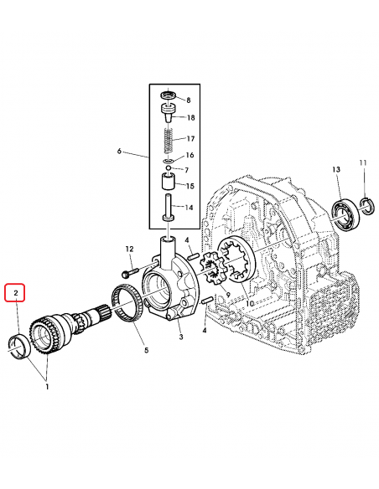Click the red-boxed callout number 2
coord(14,294)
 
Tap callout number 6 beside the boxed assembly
coord(120,152)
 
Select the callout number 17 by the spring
coord(190,138)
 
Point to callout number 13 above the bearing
coord(335,170)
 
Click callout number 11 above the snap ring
coord(364,162)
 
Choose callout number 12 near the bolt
coord(130,249)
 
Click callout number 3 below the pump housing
coord(180,337)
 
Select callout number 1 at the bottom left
coord(47,387)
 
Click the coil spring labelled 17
coord(169,135)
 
